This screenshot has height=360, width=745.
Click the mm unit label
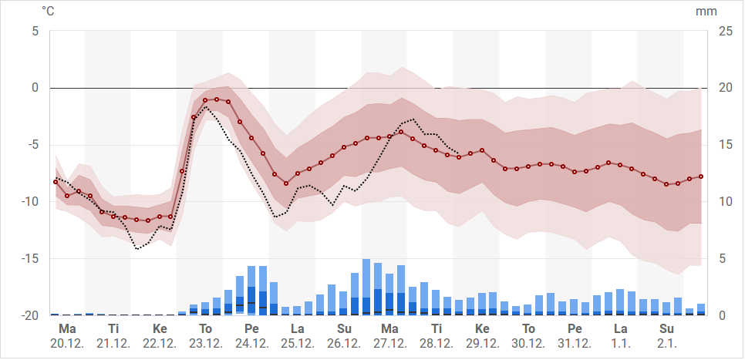[x=706, y=12]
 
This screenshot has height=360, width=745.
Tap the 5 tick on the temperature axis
[x=35, y=31]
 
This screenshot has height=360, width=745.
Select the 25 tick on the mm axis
[x=726, y=31]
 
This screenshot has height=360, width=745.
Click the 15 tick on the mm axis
[x=726, y=145]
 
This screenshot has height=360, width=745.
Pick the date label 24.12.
[x=251, y=343]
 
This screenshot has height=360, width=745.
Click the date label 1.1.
[x=621, y=343]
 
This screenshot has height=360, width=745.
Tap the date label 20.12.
[x=66, y=343]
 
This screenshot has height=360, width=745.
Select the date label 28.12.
[x=437, y=343]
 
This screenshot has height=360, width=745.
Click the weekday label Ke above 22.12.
[x=160, y=329]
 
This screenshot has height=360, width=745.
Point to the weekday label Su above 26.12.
[x=344, y=329]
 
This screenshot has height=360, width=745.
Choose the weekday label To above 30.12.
[x=529, y=329]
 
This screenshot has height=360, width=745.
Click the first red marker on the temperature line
[x=56, y=182]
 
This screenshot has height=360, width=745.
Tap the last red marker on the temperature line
[x=701, y=177]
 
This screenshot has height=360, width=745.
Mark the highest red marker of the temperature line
[x=217, y=99]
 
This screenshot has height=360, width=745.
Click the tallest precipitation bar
[x=366, y=287]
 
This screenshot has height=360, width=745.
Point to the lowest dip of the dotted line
[x=137, y=249]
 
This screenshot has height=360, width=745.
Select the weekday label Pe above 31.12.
[x=575, y=329]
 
